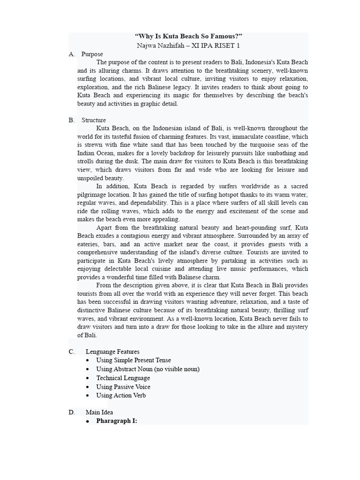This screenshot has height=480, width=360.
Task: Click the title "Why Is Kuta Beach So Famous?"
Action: (188, 37)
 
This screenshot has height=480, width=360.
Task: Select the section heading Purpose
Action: (92, 54)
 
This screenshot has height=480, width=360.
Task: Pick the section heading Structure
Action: (94, 120)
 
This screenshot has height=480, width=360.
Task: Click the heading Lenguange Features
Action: (112, 352)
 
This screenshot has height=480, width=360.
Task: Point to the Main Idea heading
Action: (99, 412)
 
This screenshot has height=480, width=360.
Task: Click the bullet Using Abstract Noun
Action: (148, 369)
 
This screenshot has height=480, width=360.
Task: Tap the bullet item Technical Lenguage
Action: (123, 378)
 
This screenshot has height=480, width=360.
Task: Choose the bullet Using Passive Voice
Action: (123, 387)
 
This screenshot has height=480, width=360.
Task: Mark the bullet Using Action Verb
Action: (121, 395)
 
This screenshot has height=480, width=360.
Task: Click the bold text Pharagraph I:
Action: (117, 421)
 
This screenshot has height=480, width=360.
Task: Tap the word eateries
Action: (89, 244)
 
